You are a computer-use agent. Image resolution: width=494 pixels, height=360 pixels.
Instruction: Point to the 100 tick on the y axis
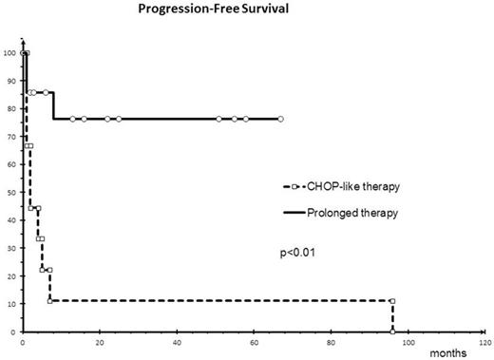pos(9,53)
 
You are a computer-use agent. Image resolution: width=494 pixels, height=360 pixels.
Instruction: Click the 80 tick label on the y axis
pos(11,108)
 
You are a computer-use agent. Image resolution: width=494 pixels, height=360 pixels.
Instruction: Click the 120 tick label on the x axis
pos(485,338)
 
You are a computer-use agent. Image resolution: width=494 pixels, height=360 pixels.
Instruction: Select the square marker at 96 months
pos(392,301)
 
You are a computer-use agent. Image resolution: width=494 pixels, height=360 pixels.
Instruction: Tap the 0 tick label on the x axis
pos(23,338)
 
